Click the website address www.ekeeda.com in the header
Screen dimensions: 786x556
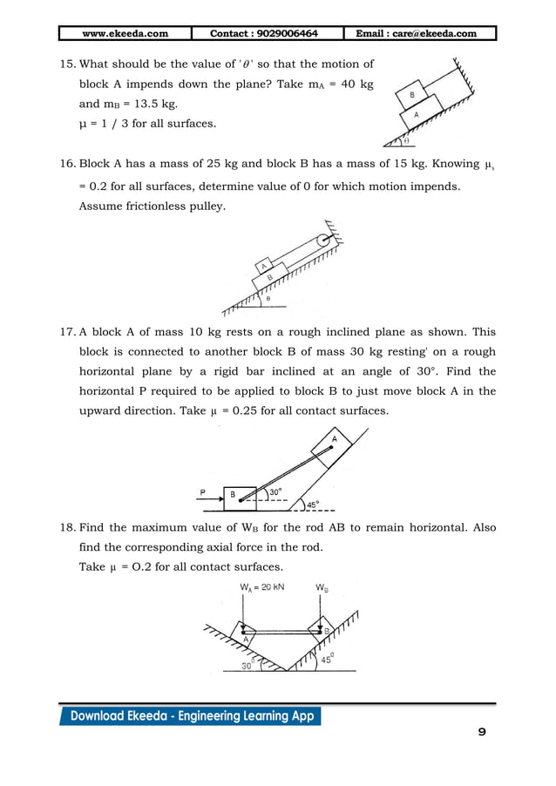[x=125, y=34]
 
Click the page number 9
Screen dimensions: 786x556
[x=482, y=732]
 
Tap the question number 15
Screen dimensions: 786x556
[x=67, y=64]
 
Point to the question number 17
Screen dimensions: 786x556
[x=67, y=332]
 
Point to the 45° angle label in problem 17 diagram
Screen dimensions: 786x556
[x=311, y=503]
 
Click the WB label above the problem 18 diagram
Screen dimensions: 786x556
[x=322, y=587]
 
